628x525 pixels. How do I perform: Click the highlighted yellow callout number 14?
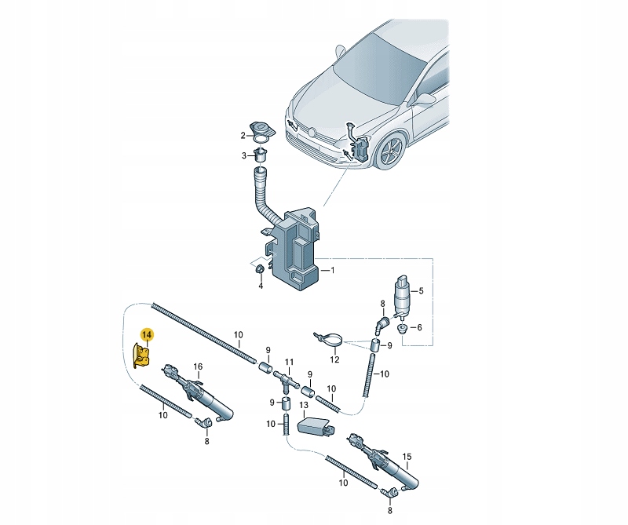click(x=148, y=334)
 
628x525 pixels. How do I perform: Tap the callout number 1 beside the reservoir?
click(x=332, y=271)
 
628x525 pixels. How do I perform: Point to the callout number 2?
click(x=243, y=136)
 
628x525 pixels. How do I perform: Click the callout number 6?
click(x=418, y=327)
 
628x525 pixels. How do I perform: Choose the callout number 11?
click(x=289, y=363)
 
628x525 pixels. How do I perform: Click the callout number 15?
click(x=407, y=456)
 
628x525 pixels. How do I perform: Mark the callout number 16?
click(x=199, y=366)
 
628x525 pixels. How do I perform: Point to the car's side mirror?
click(x=425, y=99)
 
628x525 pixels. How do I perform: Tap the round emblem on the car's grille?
click(x=311, y=131)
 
